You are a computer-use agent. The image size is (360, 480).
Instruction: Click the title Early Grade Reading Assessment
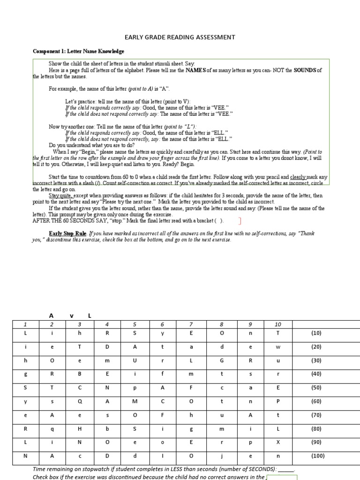[x=180, y=37]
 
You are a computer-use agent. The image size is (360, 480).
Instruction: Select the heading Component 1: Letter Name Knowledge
[x=78, y=51]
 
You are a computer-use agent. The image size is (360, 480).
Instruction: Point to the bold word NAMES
[x=196, y=70]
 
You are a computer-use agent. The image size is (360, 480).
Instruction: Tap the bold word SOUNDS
[x=305, y=70]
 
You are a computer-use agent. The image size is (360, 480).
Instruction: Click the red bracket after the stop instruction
[x=240, y=221]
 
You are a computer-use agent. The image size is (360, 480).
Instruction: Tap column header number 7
[x=191, y=324]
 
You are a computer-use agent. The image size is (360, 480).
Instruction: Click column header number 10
[x=277, y=324]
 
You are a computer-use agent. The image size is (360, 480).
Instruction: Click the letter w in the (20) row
[x=277, y=347]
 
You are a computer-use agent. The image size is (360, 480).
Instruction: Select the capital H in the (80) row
[x=80, y=429]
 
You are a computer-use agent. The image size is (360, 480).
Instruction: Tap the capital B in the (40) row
[x=80, y=374]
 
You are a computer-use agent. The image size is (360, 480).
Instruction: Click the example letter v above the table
[x=72, y=315]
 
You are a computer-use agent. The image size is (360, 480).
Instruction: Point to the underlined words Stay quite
[x=60, y=195]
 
